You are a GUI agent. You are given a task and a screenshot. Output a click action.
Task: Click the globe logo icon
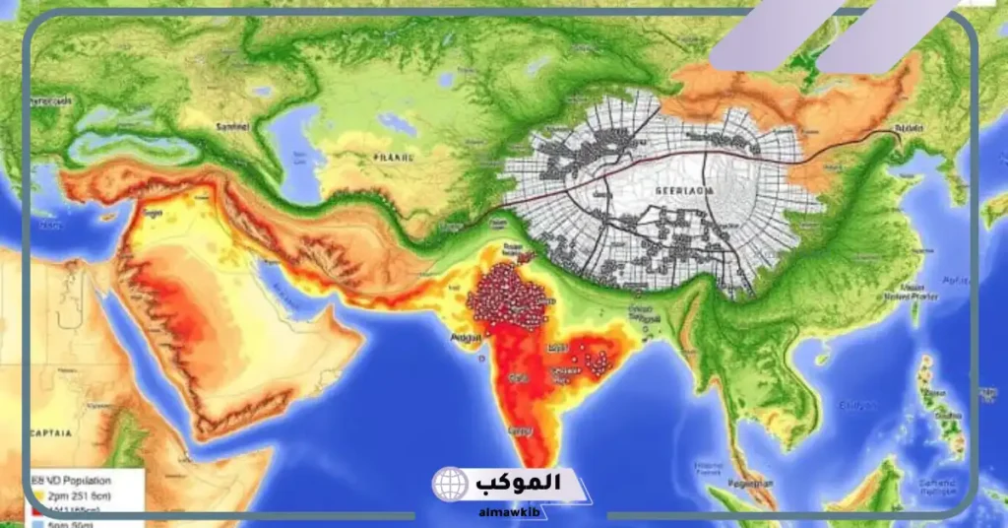[x=451, y=486]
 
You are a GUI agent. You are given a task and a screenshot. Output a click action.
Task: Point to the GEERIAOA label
[x=672, y=192]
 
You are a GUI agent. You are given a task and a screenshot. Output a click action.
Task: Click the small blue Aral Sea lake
[x=397, y=125]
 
